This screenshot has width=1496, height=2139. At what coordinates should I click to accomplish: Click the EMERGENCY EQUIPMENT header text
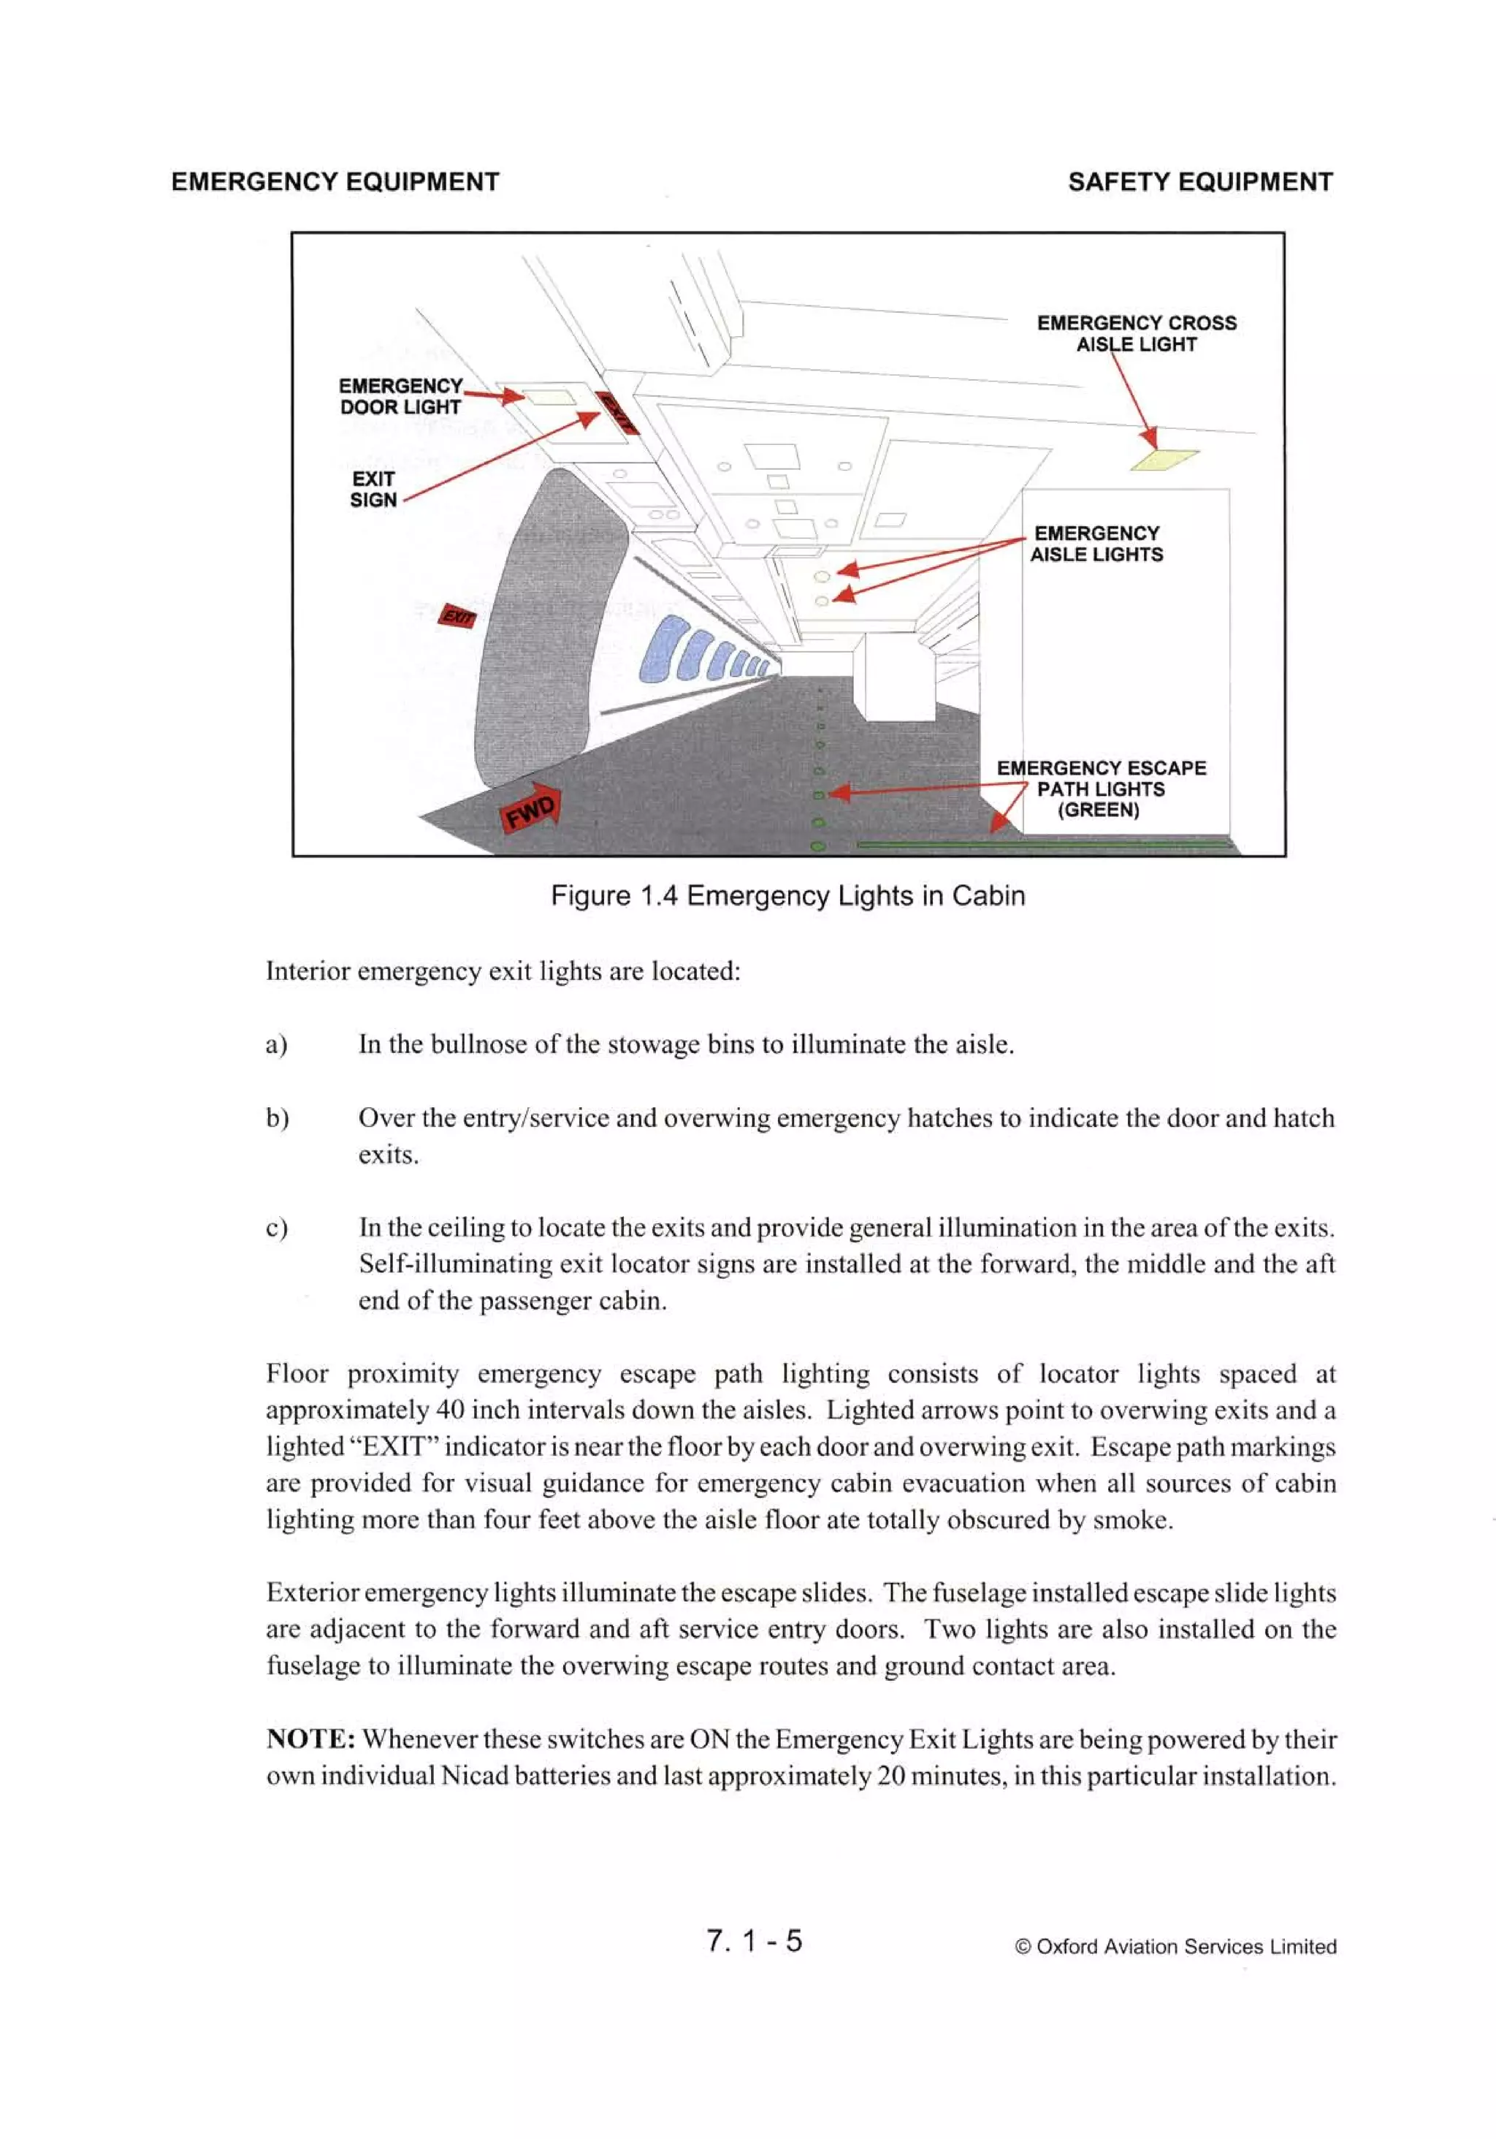[x=335, y=182]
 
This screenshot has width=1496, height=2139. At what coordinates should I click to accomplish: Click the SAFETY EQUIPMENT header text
[x=1199, y=182]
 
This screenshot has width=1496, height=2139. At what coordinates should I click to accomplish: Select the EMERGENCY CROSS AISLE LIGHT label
[x=1137, y=333]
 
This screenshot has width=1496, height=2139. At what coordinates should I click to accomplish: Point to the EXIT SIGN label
[x=373, y=489]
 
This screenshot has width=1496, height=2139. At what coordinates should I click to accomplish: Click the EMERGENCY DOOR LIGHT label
[x=400, y=396]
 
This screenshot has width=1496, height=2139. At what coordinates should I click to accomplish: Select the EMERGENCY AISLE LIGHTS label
[x=1096, y=543]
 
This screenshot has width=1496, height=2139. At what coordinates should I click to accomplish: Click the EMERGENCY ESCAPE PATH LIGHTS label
[x=1100, y=789]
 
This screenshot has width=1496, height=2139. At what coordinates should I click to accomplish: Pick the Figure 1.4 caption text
[x=787, y=895]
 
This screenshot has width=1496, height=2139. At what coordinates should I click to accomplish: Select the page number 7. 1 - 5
[x=754, y=1940]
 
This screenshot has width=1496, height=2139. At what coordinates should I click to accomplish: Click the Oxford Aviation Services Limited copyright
[x=1175, y=1946]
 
